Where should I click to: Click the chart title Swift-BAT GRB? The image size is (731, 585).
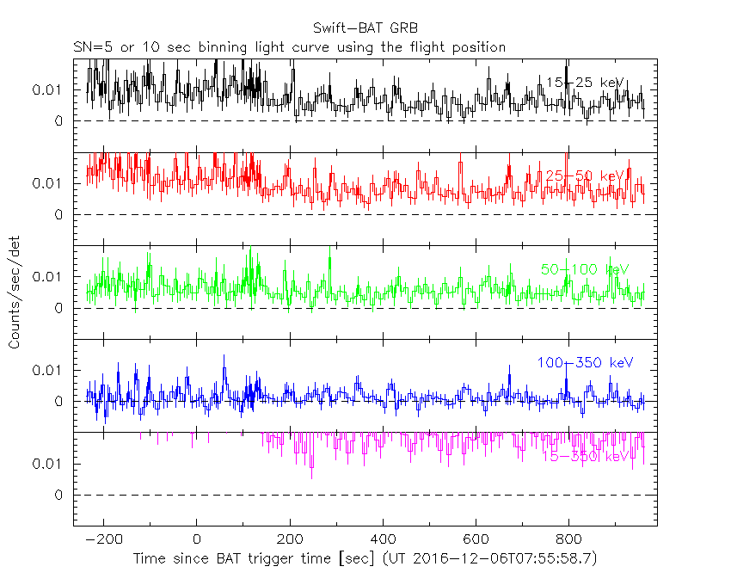[365, 28]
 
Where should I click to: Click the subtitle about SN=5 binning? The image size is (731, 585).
[289, 46]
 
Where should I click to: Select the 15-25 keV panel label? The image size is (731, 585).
[584, 83]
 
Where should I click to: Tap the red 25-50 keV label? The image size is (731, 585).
[584, 176]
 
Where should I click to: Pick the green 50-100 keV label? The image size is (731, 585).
[585, 269]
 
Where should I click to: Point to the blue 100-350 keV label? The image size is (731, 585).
[585, 363]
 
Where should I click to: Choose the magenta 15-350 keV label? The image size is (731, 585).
[585, 456]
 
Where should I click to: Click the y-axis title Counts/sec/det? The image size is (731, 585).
[15, 292]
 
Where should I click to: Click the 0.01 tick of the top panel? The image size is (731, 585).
[48, 90]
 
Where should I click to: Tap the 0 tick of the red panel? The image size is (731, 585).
[59, 215]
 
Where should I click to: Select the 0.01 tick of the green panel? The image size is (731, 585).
[48, 277]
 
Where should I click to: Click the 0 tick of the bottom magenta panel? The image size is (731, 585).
[59, 496]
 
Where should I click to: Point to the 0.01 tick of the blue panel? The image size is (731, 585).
[48, 370]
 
